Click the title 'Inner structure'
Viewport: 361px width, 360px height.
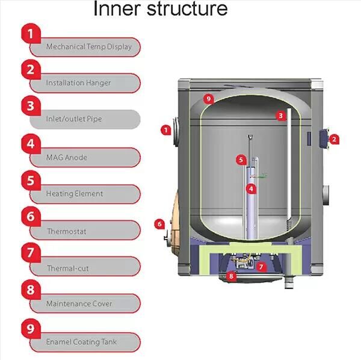[160, 10]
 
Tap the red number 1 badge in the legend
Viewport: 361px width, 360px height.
[31, 34]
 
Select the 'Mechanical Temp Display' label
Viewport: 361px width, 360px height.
[88, 47]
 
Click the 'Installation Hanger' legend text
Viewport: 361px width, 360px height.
[78, 83]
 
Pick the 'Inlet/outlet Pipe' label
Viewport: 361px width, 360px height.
[74, 119]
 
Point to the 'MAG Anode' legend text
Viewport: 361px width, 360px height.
[67, 158]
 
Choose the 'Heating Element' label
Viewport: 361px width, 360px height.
[75, 194]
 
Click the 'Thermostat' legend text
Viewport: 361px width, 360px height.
[67, 231]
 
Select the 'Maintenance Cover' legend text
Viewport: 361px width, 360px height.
[79, 304]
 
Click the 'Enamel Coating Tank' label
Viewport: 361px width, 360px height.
[82, 342]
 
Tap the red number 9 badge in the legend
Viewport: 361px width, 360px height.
[31, 329]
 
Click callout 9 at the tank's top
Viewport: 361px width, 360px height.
[208, 99]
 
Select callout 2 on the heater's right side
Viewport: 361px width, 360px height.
[335, 138]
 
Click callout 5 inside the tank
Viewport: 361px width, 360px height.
[241, 160]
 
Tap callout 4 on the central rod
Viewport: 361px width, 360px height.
[251, 188]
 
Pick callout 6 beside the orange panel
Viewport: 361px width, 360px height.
[159, 224]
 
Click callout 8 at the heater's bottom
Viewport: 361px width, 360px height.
[232, 276]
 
